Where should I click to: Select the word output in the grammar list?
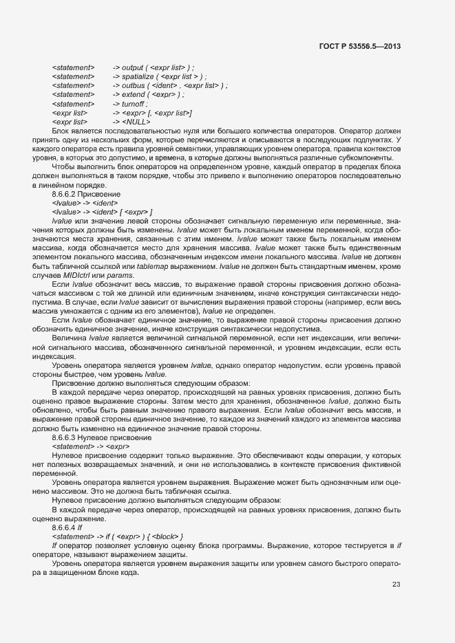tap(133, 67)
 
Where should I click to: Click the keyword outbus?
tap(134, 85)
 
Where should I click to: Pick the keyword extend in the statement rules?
tap(134, 94)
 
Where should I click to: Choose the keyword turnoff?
tap(134, 103)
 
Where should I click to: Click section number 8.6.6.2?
tap(67, 195)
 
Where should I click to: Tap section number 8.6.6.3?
tap(67, 438)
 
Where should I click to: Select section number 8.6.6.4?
tap(67, 519)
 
